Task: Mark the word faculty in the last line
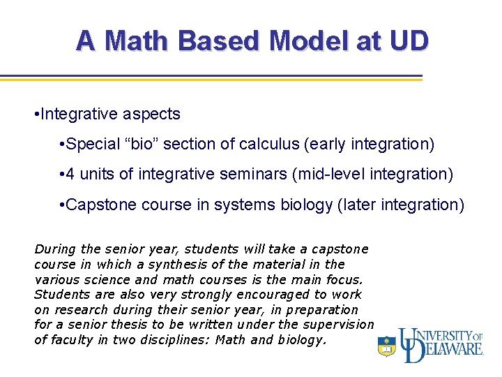tap(72, 340)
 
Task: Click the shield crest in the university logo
tap(386, 346)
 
